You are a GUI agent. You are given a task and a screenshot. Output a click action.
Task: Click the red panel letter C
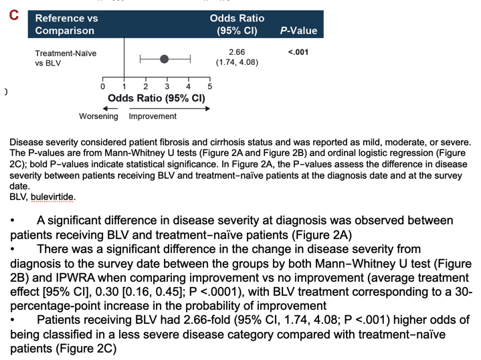(14, 15)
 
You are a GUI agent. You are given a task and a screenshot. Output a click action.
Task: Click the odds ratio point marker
(164, 59)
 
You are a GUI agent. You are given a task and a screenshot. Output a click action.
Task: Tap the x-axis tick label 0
(103, 87)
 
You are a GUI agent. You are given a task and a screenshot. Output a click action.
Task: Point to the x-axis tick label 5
(210, 87)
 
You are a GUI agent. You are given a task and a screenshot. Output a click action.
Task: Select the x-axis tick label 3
(167, 87)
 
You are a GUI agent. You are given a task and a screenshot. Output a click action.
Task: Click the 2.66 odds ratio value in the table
(237, 52)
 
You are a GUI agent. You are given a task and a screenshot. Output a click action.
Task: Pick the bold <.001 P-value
(298, 52)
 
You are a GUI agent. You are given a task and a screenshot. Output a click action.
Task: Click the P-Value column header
(298, 31)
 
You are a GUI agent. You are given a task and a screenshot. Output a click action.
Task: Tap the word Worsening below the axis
(98, 116)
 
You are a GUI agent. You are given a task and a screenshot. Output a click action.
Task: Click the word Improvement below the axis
(153, 116)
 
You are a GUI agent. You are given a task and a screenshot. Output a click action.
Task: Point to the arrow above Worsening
(110, 108)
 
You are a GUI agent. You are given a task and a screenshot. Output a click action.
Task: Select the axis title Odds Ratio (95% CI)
(157, 98)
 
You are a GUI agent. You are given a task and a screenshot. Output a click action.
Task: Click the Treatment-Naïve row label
(66, 54)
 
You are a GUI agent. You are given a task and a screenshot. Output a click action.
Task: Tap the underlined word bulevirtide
(52, 197)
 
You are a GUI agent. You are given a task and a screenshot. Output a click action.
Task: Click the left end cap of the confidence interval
(140, 59)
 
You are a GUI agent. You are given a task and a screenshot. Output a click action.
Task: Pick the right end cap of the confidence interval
(191, 59)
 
